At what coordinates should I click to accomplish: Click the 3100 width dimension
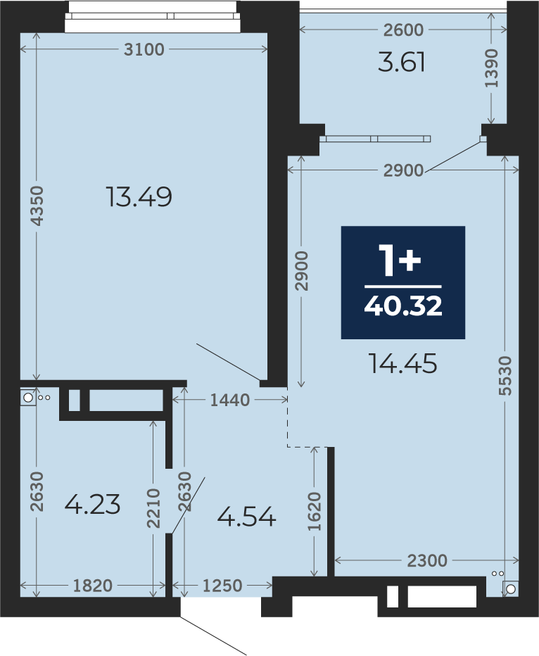coord(144,49)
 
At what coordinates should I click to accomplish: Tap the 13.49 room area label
coord(139,196)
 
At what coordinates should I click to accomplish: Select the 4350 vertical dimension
coord(37,206)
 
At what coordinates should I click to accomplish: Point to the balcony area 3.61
coord(401,63)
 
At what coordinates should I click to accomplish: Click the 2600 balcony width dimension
coord(403,30)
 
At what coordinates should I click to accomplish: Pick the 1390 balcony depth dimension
coord(492,68)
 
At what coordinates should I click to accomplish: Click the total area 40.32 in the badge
coord(403,306)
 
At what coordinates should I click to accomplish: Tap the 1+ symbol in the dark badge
coord(400,260)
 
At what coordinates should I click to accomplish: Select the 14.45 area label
coord(403,363)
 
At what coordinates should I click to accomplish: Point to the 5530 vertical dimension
coord(505,375)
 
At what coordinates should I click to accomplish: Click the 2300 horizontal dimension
coord(427,560)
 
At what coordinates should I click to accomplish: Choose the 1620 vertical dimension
coord(315,511)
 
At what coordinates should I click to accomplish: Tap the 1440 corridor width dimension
coord(229,400)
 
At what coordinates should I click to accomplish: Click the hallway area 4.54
coord(247,517)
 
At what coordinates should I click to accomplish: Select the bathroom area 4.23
coord(92,504)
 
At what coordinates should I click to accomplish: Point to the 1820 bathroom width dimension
coord(93,586)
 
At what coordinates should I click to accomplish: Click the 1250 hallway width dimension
coord(222,586)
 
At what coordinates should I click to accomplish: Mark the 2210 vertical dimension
coord(154,508)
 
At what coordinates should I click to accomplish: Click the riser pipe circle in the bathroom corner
coord(27,398)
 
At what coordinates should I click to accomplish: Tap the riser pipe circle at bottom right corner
coord(511,589)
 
